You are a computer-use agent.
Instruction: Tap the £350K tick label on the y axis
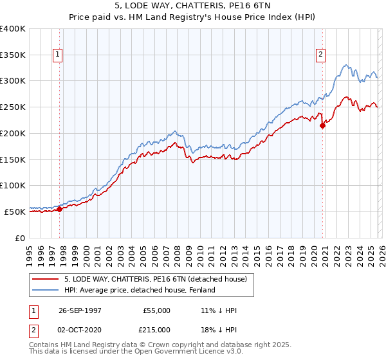coord(13,55)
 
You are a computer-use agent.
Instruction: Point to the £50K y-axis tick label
coord(15,212)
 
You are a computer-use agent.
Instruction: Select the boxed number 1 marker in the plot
coord(59,55)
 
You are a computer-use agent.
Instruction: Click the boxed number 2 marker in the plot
coord(320,55)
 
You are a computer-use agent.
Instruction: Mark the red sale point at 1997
coord(59,209)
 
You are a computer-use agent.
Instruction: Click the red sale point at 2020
coord(322,126)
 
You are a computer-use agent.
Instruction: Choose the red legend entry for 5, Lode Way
coord(160,279)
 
